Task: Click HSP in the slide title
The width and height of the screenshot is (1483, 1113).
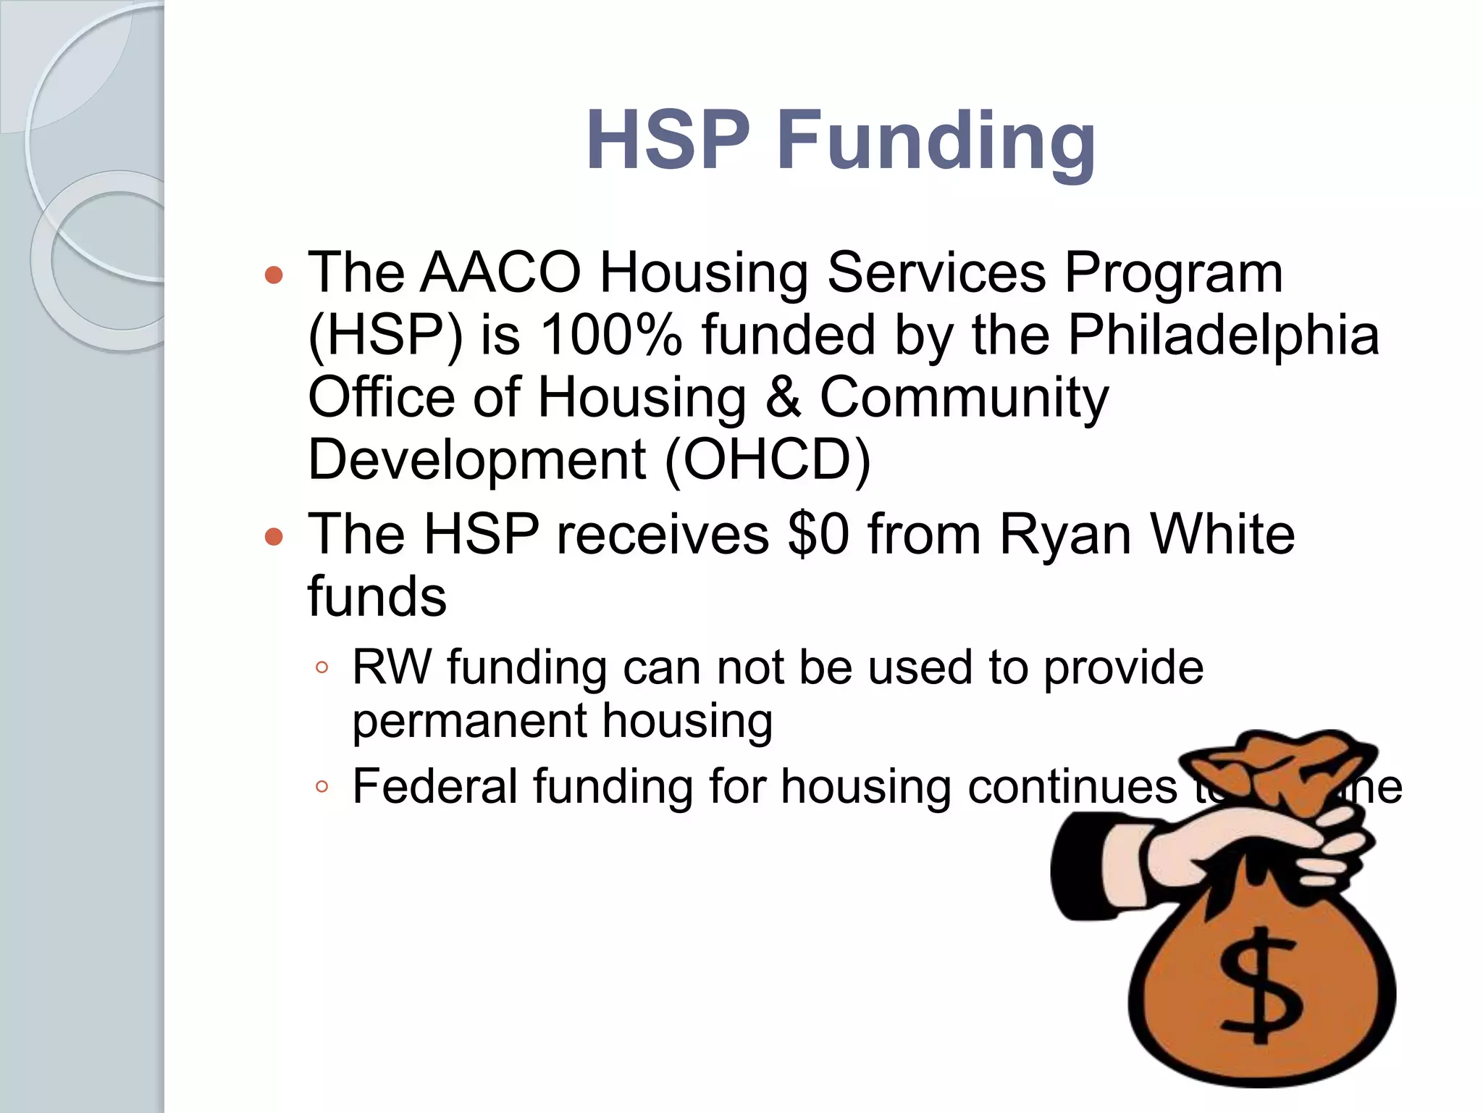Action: point(668,140)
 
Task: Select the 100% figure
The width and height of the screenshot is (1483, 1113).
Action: point(610,335)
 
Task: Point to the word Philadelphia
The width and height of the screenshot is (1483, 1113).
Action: point(1223,335)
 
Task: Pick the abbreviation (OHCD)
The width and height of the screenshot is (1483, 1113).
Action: point(767,459)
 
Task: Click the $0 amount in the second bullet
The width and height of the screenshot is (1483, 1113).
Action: point(818,534)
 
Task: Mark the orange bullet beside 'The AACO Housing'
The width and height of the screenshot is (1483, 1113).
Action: point(274,275)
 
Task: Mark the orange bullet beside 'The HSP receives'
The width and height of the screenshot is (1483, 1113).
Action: point(274,537)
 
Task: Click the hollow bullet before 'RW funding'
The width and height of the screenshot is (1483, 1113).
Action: point(323,668)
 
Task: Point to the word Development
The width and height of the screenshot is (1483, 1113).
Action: point(476,459)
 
